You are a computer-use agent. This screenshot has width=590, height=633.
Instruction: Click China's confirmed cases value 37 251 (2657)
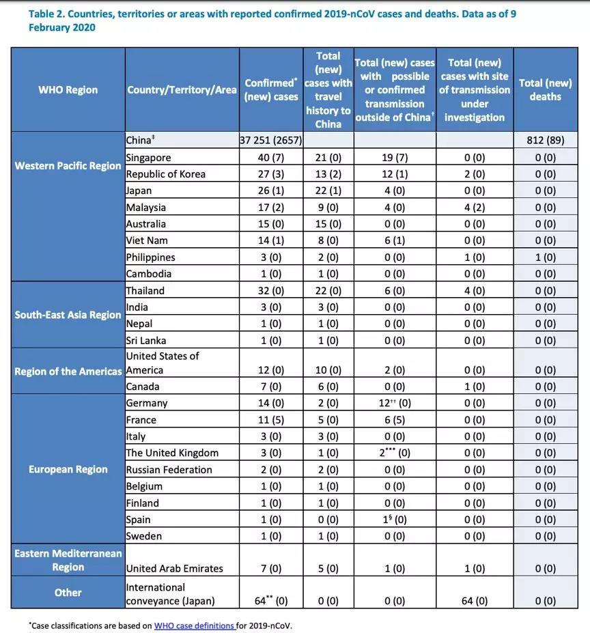point(271,141)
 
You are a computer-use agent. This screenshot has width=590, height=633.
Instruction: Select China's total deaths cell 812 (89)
point(545,141)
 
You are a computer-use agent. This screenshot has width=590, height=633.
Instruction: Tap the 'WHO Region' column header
point(68,89)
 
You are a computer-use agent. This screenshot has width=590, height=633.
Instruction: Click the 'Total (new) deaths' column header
point(545,89)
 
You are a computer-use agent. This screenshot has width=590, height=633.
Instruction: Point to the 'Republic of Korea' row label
point(165,174)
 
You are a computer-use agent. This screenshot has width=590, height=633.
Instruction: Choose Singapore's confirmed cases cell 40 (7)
point(271,158)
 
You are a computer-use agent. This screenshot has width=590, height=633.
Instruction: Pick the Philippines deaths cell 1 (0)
point(545,257)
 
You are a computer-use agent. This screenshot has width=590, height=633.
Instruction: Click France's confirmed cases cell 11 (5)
point(271,420)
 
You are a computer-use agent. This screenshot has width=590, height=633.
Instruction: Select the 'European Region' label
point(68,469)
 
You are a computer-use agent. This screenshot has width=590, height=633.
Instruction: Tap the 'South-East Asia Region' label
point(68,315)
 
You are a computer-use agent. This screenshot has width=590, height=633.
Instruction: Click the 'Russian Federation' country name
point(169,470)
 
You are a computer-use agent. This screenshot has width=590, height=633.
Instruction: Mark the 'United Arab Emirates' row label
point(174,568)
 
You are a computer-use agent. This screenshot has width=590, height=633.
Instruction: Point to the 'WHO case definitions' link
point(195,625)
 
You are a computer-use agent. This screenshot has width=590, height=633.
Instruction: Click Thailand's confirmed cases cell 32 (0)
point(271,291)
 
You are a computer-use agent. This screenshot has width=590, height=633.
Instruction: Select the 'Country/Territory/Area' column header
point(182,89)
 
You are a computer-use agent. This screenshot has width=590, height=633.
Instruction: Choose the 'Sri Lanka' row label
point(146,341)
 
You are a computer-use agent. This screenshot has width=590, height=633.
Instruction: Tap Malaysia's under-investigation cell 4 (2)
point(475,208)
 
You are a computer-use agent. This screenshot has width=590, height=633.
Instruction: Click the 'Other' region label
point(68,593)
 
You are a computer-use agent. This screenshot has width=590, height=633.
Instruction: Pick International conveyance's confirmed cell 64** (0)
point(271,601)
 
